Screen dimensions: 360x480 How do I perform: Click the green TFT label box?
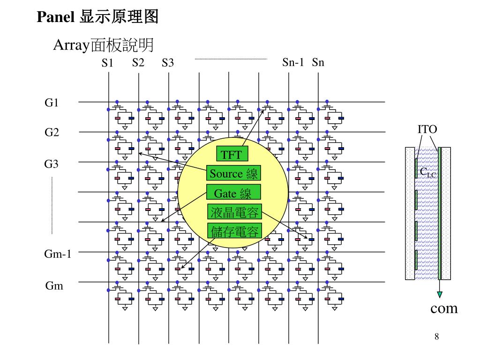pos(231,154)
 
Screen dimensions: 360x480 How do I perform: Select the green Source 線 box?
pos(233,173)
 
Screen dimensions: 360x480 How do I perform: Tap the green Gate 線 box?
pos(233,193)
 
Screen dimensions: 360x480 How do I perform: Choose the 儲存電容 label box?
pos(234,231)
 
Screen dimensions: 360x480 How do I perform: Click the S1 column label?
pos(108,62)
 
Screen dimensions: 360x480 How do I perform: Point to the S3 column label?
pos(168,62)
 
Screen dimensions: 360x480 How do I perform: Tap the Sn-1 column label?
pos(293,62)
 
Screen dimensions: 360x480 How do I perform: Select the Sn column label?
pos(318,62)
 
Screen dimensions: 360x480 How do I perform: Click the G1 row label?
pos(52,102)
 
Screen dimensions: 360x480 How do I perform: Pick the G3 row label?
pos(52,164)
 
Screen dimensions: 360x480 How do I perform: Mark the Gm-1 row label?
pos(58,254)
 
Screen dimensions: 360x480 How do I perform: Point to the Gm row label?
pos(54,285)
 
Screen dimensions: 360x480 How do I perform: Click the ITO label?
pos(427,129)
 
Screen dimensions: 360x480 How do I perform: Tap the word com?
pos(444,308)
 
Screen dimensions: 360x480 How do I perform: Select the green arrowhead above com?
pos(440,294)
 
